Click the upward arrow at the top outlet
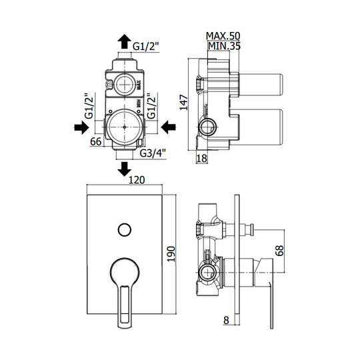(x=124, y=41)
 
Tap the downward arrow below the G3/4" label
(x=124, y=169)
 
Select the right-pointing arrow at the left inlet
(x=81, y=127)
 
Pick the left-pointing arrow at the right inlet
(x=168, y=127)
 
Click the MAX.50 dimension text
(x=223, y=36)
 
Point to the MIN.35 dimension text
(x=224, y=46)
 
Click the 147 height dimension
(x=184, y=103)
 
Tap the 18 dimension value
(x=202, y=159)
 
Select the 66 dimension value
(x=96, y=141)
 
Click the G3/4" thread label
(x=153, y=153)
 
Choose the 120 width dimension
(x=137, y=180)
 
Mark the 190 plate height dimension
(x=171, y=254)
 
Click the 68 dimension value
(x=279, y=251)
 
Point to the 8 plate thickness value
(x=226, y=320)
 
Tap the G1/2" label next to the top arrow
(x=146, y=47)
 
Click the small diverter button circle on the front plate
(x=125, y=229)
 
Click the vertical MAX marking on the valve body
(x=139, y=85)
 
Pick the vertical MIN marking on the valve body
(x=139, y=103)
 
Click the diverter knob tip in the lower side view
(x=252, y=229)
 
